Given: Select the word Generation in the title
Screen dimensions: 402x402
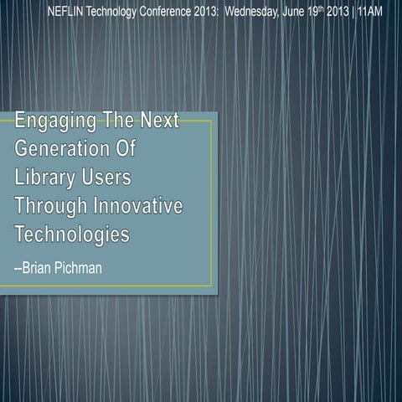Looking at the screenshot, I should click(x=62, y=152).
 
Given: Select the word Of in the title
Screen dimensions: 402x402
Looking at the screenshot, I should click(x=124, y=152).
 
